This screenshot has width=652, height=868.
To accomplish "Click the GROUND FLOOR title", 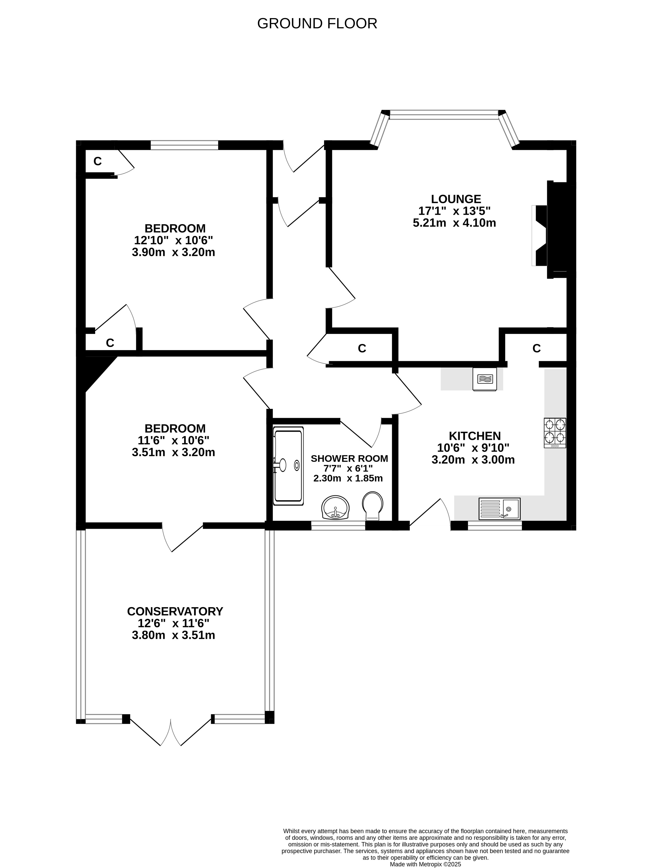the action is pos(317,23).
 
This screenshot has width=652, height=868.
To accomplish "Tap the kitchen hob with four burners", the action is pos(555,433).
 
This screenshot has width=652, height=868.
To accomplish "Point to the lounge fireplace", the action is pos(554,230).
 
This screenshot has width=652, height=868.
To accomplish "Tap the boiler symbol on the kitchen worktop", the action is pos(484,379).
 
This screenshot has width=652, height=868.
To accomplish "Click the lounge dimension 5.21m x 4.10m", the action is pos(454,223).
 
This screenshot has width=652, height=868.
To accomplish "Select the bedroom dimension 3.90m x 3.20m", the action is pos(173,252).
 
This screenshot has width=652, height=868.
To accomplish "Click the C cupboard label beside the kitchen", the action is pos(537,348).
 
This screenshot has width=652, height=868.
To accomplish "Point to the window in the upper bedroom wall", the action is pos(184,145).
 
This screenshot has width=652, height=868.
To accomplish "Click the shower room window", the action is pos(338,526).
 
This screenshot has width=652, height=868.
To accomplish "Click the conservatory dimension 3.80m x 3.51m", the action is pos(173,635).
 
